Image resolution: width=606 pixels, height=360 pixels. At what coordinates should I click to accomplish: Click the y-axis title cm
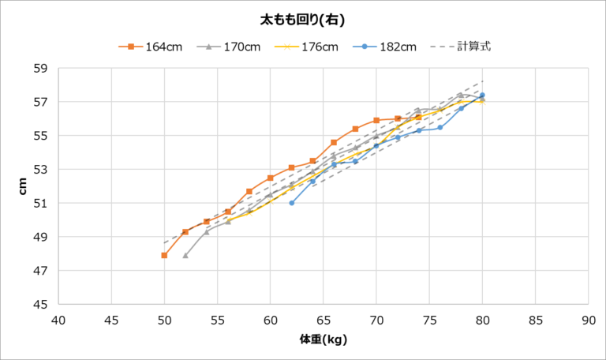(23, 186)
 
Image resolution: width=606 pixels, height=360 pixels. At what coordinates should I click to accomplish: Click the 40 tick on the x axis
(58, 320)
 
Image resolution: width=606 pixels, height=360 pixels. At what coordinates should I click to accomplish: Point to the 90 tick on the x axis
(588, 320)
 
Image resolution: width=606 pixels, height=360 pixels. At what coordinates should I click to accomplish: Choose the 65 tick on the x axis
(324, 320)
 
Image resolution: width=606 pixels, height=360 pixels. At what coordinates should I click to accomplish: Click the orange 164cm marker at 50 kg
(164, 255)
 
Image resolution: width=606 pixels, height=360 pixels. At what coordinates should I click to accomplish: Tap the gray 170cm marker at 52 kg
(185, 255)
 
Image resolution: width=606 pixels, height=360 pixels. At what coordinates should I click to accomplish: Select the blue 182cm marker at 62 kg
(292, 203)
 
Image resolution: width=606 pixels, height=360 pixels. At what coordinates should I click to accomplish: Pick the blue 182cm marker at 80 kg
(482, 96)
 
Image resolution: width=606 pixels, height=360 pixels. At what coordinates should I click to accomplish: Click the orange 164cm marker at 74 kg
(419, 117)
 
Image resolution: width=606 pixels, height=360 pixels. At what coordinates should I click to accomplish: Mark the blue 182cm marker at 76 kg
(440, 127)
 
